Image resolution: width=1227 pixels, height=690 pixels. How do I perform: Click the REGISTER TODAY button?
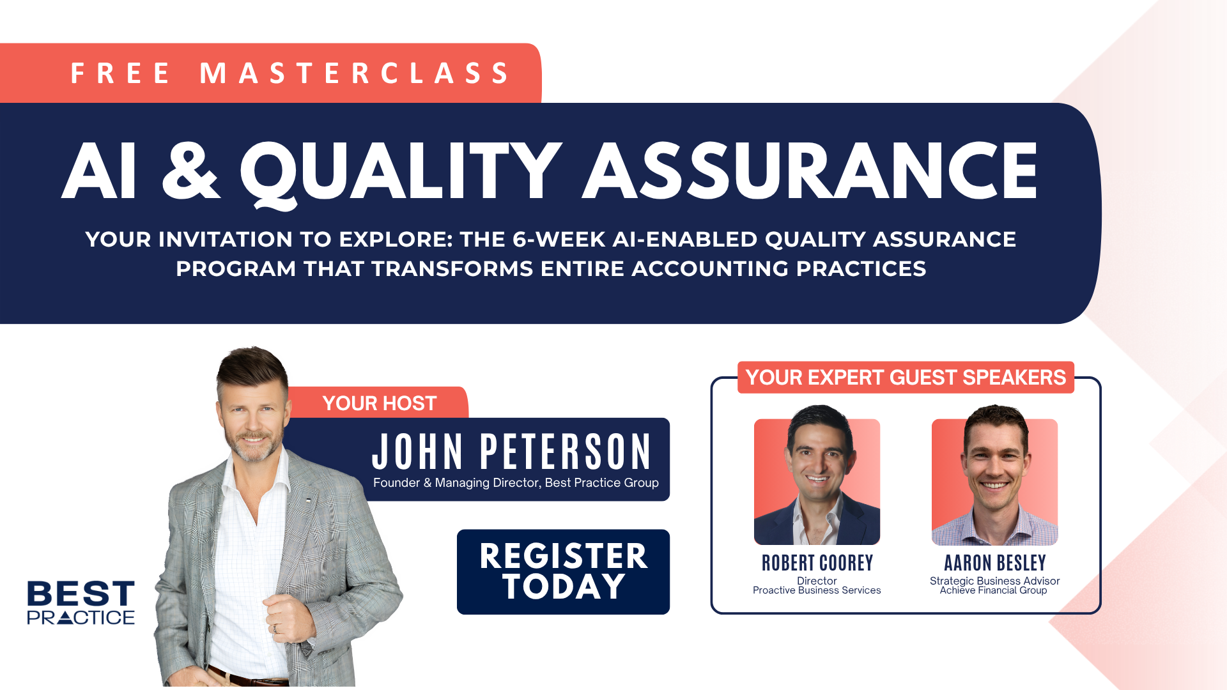(x=563, y=572)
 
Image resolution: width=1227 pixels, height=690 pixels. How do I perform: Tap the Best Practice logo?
(x=81, y=602)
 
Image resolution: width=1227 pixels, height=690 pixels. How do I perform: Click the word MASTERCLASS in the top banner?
(x=355, y=73)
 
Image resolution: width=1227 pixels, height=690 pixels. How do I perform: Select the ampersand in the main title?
(x=190, y=171)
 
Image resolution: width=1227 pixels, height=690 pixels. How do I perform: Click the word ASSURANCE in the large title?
(x=810, y=171)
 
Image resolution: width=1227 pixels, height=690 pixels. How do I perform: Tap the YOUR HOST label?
(x=379, y=403)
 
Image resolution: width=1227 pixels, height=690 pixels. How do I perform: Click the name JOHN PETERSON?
(x=511, y=452)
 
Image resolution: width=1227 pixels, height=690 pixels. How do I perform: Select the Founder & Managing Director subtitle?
(x=516, y=483)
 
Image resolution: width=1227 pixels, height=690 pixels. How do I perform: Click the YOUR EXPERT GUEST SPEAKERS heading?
(x=906, y=378)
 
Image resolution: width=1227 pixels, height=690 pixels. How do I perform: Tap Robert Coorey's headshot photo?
(x=817, y=476)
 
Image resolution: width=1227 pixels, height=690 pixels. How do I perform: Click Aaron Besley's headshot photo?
(x=994, y=476)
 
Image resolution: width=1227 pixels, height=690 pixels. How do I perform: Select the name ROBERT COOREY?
(x=817, y=563)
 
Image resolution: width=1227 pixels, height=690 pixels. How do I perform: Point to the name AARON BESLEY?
(x=995, y=563)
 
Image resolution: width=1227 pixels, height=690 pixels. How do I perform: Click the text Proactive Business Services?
(x=817, y=590)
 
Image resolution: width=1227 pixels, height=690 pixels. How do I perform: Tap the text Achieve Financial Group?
(x=993, y=590)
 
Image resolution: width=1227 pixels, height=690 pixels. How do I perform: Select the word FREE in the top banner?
(x=120, y=73)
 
